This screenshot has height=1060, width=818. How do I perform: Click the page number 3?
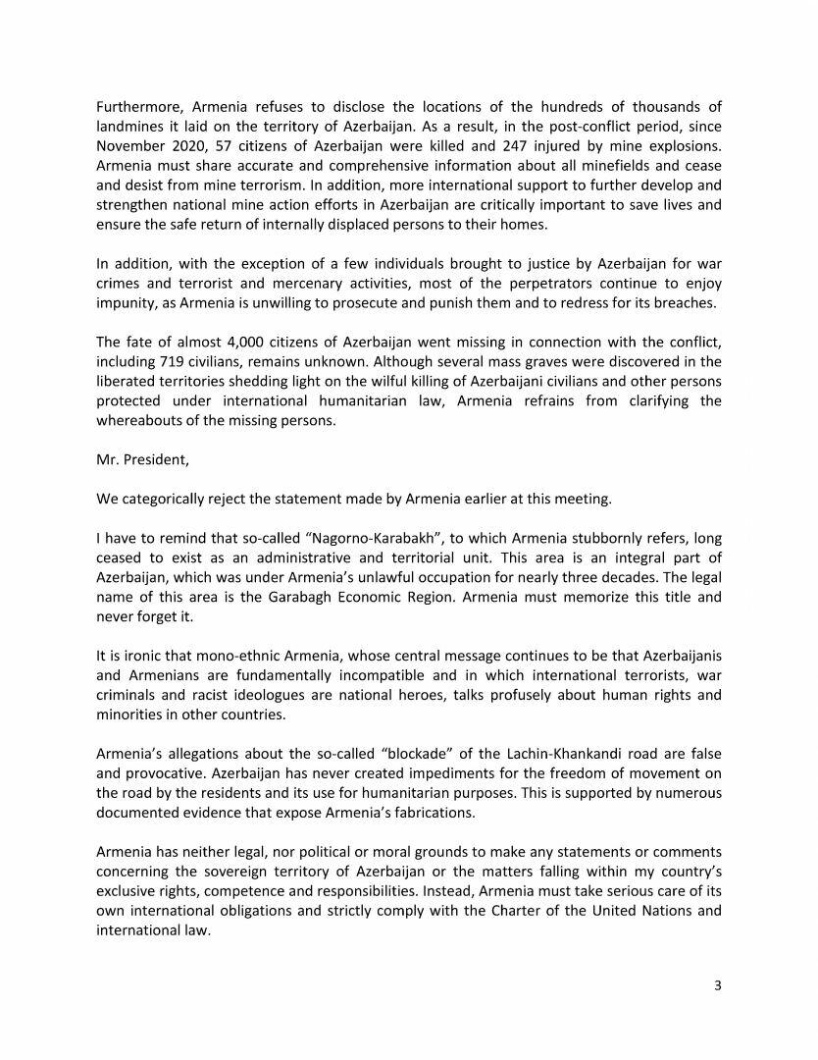tap(718, 986)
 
